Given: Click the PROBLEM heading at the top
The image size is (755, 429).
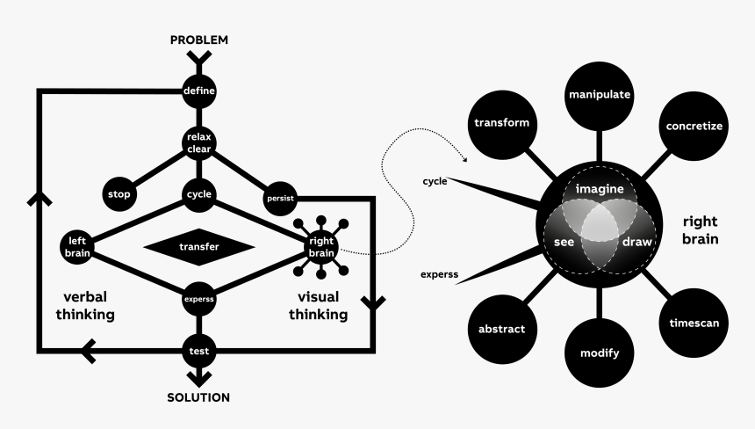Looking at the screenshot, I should pos(198,40).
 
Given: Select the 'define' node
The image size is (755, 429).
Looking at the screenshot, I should pos(199,90).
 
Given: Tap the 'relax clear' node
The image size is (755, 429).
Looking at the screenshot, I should pos(199,142).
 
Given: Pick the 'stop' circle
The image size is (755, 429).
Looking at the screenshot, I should pos(117,193).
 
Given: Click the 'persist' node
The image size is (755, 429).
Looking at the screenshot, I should pos(279,197).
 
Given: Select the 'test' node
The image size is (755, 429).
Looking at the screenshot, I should pos(199,351).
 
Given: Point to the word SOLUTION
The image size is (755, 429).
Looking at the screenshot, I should pos(198,397).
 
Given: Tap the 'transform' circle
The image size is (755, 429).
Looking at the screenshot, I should pos(501,122).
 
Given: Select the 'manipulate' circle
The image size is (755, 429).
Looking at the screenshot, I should pos(600,94).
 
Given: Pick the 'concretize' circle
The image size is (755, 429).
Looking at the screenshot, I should pos(694,126).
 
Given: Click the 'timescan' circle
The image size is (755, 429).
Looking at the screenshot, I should pos(694,323).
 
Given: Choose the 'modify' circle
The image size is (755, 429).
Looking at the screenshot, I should pos(600,353).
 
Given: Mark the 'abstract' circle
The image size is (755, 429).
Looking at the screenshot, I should pos(501,330).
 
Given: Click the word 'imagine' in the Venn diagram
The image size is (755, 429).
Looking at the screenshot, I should pos(600,189).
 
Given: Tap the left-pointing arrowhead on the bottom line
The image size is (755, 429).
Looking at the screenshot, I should pos(90,352).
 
